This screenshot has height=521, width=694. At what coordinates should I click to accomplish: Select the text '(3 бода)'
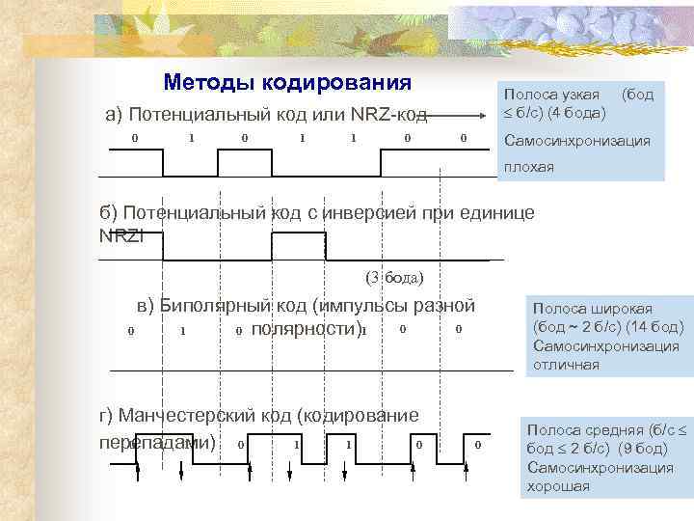[x=395, y=278]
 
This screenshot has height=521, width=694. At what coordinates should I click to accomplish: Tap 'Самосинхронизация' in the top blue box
[x=577, y=141]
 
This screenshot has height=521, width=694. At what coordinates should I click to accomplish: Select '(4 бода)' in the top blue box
[x=576, y=113]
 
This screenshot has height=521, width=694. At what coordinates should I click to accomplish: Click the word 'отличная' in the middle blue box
[x=565, y=365]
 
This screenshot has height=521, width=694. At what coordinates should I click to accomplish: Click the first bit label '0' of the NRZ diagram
[x=135, y=138]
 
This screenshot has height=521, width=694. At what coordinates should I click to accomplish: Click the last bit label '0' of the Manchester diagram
[x=478, y=444]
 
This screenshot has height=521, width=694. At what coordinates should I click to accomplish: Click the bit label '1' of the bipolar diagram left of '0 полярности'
[x=182, y=332]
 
